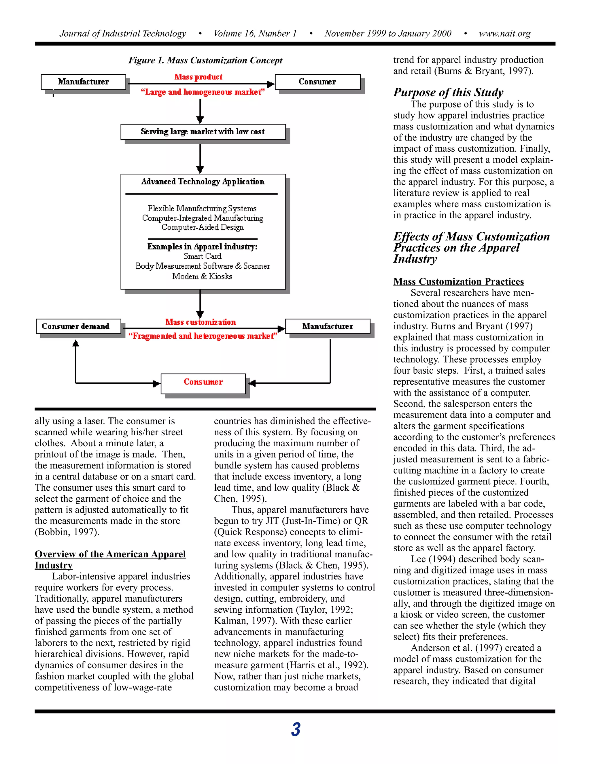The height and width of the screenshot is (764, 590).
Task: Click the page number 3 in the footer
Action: (x=295, y=729)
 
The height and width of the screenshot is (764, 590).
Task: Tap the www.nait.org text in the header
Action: (x=504, y=33)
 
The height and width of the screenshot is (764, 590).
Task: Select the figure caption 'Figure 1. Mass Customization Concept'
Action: (x=205, y=60)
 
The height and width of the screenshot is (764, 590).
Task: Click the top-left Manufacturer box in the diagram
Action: (x=83, y=82)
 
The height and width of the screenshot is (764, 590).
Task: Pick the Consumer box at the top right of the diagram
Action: (x=317, y=82)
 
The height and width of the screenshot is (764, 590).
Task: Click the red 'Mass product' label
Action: (x=198, y=77)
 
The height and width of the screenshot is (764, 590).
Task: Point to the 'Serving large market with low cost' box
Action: (x=203, y=132)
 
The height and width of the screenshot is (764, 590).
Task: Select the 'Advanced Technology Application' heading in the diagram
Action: (x=203, y=182)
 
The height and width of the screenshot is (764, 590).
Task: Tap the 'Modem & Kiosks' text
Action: (x=202, y=276)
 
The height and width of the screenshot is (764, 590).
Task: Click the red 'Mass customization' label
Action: (x=201, y=322)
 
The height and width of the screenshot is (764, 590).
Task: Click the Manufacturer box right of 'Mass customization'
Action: (x=328, y=326)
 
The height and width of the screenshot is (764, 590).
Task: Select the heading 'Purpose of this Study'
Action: (x=448, y=92)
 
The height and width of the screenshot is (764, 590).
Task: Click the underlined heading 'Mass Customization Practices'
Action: (x=458, y=282)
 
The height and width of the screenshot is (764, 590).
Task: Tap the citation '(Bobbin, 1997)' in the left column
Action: (x=67, y=532)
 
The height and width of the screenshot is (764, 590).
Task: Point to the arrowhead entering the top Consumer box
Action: (x=271, y=84)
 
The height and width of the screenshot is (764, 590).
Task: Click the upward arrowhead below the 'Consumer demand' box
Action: (x=75, y=343)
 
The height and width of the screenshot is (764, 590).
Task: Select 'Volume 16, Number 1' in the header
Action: (x=255, y=33)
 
